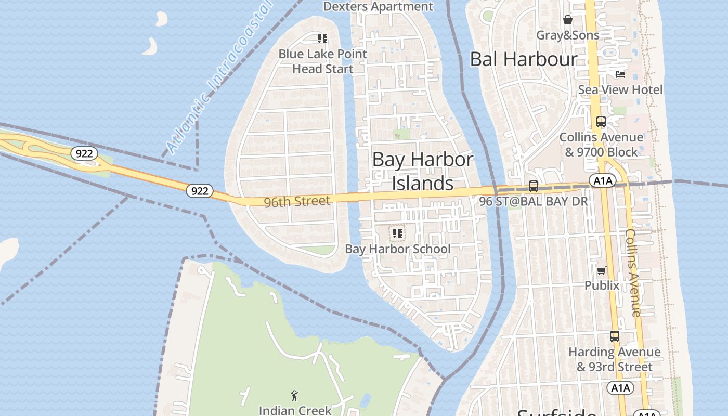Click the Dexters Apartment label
(378, 7)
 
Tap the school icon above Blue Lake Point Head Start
(322, 38)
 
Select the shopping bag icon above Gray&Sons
(568, 20)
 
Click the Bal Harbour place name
(524, 59)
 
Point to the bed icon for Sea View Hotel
(620, 74)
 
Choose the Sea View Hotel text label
(620, 89)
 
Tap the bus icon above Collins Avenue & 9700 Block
(601, 122)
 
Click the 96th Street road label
(297, 201)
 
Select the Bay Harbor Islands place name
(422, 171)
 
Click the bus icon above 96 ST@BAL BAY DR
(534, 186)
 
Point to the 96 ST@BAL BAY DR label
(534, 201)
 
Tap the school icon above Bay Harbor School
(398, 233)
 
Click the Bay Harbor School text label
(398, 249)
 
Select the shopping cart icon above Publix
(602, 270)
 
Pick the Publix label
(602, 285)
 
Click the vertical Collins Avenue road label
(633, 272)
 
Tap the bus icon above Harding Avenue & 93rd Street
(615, 336)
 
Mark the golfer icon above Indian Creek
(295, 396)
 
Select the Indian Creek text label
(295, 410)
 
